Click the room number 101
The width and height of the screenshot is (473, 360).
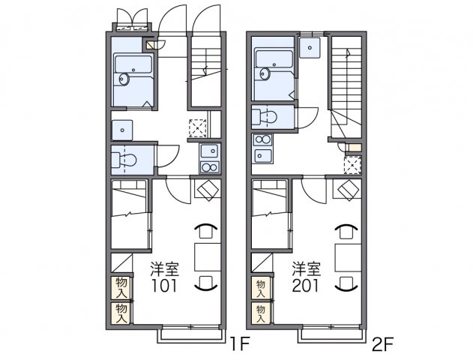click(164, 286)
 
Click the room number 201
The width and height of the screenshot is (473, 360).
click(305, 286)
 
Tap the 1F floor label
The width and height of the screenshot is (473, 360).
click(240, 344)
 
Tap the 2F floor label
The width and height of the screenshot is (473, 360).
click(383, 344)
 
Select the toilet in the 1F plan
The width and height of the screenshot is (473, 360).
click(124, 160)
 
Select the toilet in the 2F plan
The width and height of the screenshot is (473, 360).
click(265, 116)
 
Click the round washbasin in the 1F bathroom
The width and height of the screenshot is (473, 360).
click(124, 79)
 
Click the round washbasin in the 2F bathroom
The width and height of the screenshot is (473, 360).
click(265, 73)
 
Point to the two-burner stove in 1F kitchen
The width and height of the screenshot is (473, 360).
click(210, 166)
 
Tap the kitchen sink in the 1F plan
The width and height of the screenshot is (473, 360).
click(210, 151)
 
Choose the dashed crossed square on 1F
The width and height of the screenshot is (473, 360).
click(198, 128)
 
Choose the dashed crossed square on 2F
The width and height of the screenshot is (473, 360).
click(352, 165)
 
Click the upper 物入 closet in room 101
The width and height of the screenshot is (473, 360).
click(121, 287)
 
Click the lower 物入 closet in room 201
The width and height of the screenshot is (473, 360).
click(261, 313)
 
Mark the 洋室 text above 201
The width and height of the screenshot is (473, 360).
click(306, 269)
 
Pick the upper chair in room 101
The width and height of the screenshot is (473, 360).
click(205, 231)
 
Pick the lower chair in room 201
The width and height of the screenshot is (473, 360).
click(347, 283)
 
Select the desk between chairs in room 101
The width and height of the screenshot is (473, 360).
click(208, 256)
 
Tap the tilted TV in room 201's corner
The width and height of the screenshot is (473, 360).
click(349, 190)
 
